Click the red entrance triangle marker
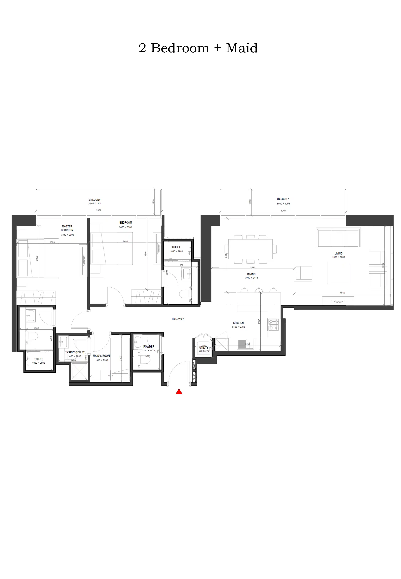coord(179,392)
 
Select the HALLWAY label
coord(178,319)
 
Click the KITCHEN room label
coord(238,323)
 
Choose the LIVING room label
coord(338,253)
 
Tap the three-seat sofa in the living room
coord(338,237)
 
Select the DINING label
coord(251,274)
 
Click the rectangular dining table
coord(250,249)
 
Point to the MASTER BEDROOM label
coord(67,228)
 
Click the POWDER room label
coord(149,347)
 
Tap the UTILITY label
coord(204,348)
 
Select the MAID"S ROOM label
coord(101,356)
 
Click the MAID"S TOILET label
coord(75,352)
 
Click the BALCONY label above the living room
coord(283,199)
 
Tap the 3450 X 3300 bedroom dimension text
coord(125,227)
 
